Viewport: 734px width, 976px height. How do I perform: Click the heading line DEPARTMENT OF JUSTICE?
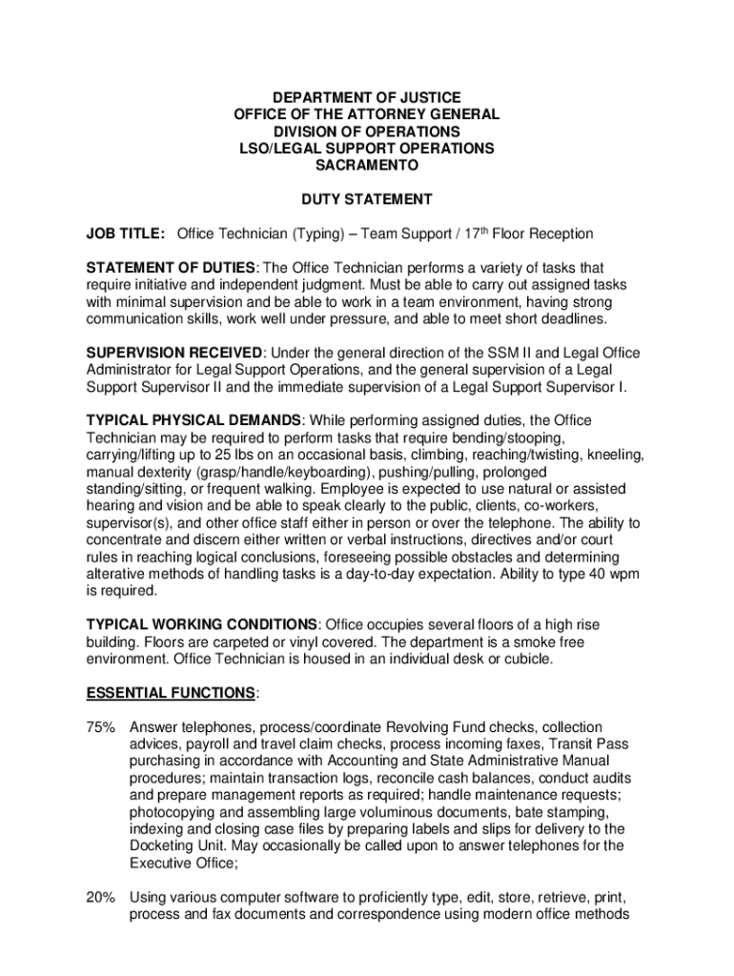366,97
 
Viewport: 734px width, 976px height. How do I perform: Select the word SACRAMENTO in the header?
366,165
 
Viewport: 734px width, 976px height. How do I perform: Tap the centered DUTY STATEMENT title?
367,199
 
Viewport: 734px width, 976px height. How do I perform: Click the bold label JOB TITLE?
126,234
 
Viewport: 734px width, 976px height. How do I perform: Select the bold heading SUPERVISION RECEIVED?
173,353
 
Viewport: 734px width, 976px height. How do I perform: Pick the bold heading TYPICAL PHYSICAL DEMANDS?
194,420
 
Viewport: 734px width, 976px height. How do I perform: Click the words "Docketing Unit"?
173,846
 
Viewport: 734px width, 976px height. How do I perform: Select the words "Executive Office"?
178,864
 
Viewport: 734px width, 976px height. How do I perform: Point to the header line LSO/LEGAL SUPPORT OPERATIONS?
366,148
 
